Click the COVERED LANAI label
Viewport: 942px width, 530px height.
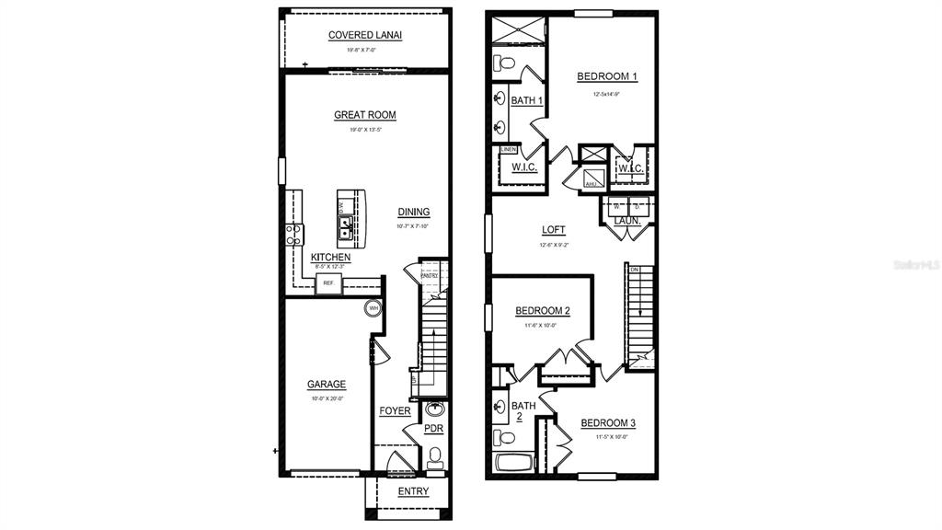tap(365, 35)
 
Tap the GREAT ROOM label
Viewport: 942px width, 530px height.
tap(365, 115)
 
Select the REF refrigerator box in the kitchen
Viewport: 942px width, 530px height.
tap(327, 284)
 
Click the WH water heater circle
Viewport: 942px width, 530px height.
tap(373, 308)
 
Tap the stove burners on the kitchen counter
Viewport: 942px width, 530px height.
tap(293, 235)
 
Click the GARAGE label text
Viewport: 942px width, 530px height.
tap(327, 385)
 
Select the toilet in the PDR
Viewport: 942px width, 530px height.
tap(435, 455)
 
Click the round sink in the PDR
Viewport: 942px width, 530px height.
tap(436, 409)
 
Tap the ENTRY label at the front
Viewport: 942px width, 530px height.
tap(413, 492)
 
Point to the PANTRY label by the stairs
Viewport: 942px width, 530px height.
tap(430, 275)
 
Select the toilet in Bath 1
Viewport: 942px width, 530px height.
tap(503, 63)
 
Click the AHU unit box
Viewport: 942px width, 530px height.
tap(591, 184)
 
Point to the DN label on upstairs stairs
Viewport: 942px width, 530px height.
tap(634, 269)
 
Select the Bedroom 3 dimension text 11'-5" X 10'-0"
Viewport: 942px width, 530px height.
tap(612, 437)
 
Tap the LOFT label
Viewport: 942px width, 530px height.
tap(554, 230)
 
